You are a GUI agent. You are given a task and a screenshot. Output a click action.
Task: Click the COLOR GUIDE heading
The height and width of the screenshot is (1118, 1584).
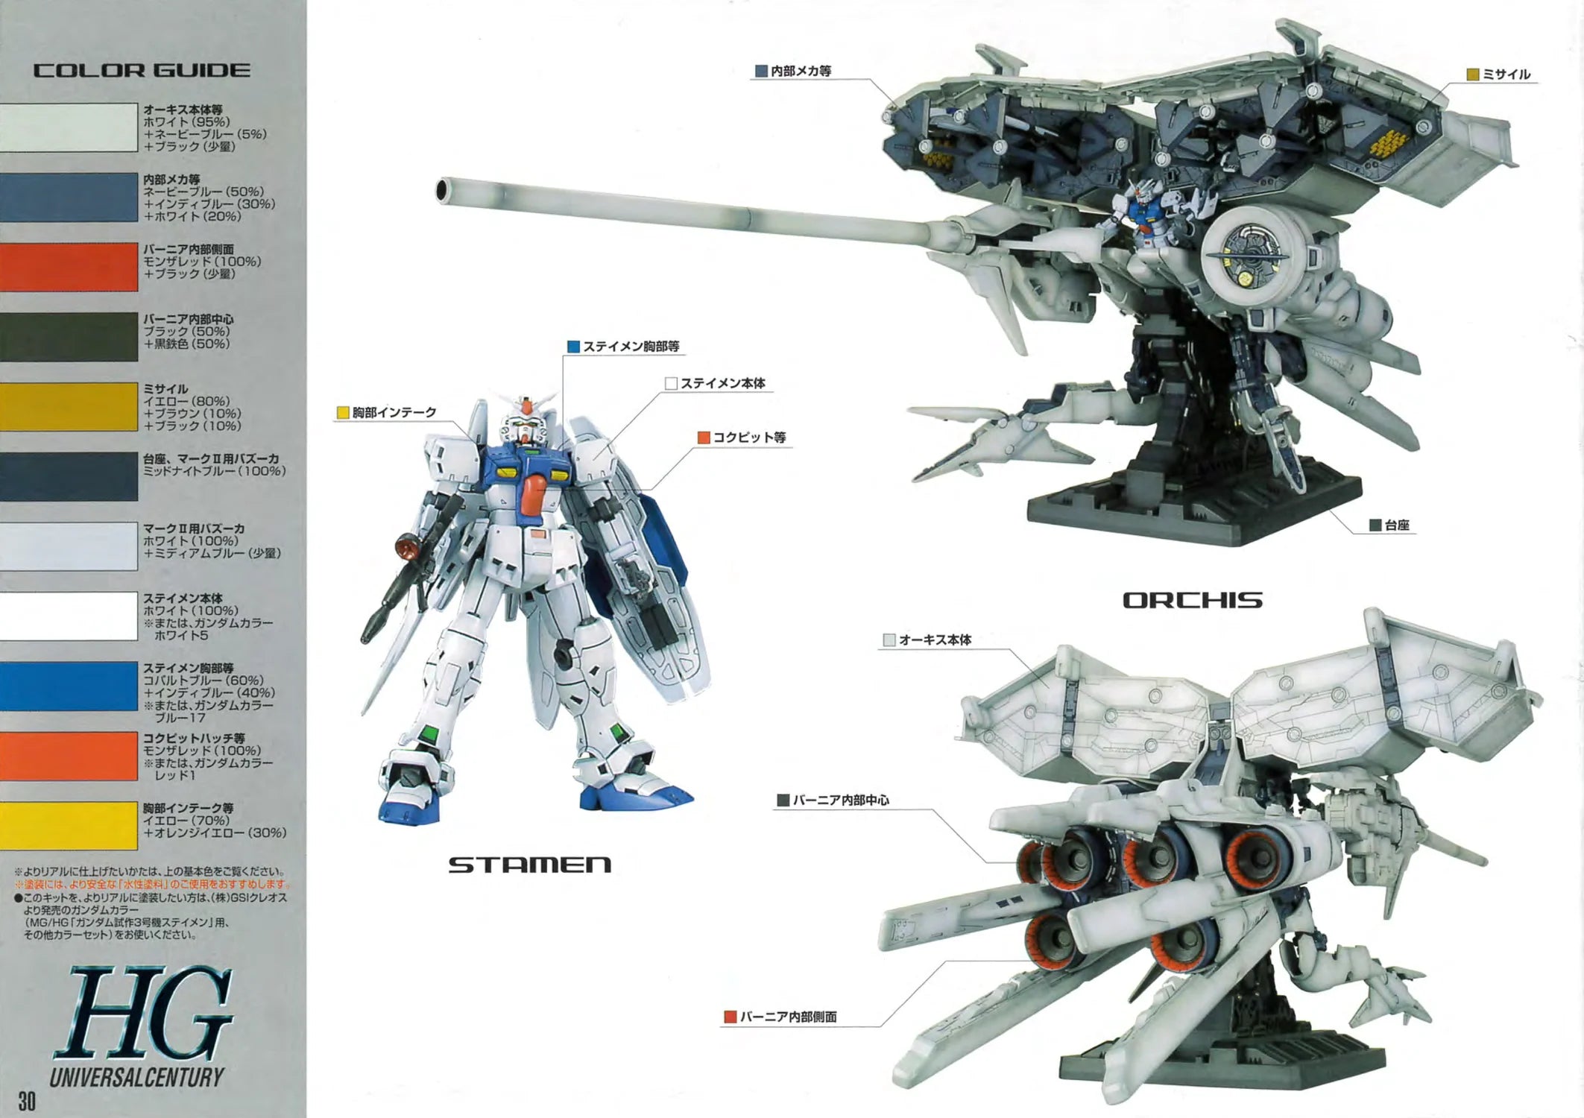click(x=142, y=71)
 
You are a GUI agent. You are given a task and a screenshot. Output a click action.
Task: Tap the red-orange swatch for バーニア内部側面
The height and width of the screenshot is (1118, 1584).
click(x=69, y=267)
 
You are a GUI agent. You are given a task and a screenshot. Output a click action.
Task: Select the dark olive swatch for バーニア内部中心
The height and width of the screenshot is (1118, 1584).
click(x=69, y=337)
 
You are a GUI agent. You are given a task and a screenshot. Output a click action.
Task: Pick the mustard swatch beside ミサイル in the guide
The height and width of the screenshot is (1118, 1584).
click(x=69, y=407)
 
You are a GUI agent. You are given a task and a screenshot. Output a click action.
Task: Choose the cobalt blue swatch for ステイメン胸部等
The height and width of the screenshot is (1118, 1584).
click(x=69, y=686)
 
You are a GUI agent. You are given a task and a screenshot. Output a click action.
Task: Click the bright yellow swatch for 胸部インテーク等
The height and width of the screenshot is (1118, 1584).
click(x=69, y=826)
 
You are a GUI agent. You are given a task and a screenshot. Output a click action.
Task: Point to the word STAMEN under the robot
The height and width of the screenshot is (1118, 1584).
click(x=529, y=865)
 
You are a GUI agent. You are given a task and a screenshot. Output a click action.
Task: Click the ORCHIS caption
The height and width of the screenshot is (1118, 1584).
click(x=1192, y=601)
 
